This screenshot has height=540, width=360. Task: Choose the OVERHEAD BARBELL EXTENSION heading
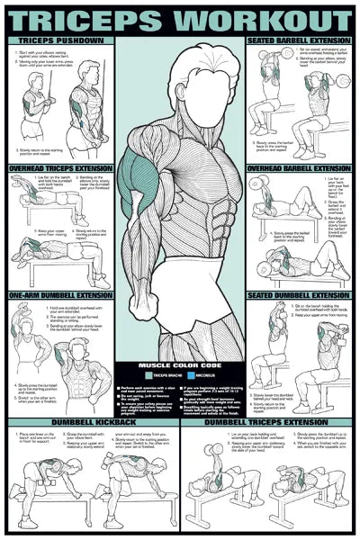pos(299,167)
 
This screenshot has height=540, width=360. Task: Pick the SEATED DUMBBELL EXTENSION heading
pos(301,294)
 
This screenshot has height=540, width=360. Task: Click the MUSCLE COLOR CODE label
pos(180,364)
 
